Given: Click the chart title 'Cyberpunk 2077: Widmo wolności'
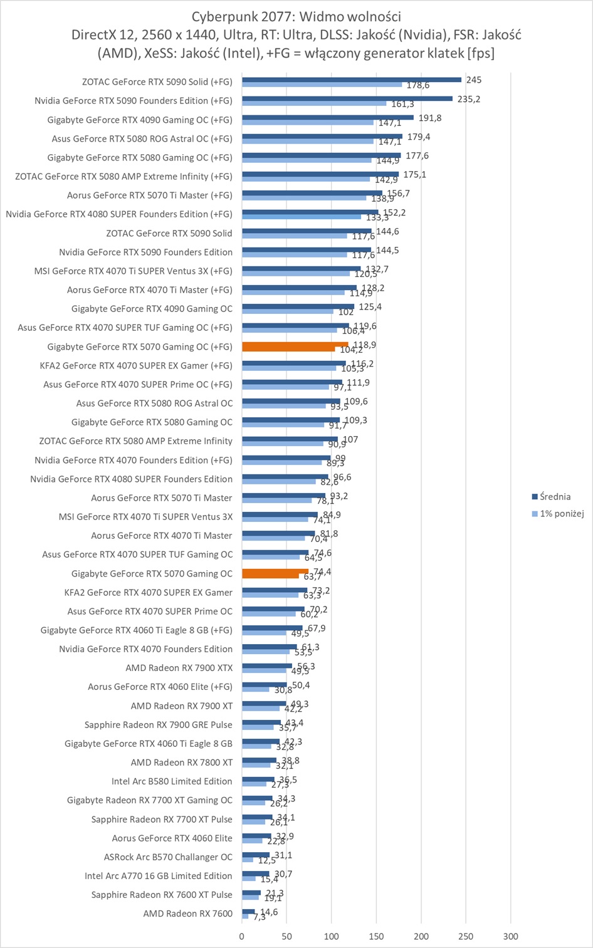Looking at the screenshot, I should click(x=296, y=16).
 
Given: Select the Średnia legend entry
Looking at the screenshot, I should click(x=555, y=497).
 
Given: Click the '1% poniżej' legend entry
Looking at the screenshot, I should click(x=562, y=514).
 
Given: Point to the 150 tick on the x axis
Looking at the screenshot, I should click(x=376, y=936).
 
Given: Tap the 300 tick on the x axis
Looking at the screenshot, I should click(x=510, y=936).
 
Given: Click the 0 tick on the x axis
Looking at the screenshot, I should click(x=242, y=936).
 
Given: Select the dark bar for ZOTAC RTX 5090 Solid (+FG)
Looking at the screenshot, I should click(x=352, y=80).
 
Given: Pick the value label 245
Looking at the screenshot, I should click(x=474, y=80).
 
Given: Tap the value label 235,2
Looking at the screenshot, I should click(x=468, y=99).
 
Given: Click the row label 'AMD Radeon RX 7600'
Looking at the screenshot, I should click(x=187, y=914).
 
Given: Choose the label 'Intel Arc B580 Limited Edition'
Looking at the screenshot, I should click(x=172, y=781).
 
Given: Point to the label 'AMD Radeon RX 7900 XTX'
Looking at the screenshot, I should click(x=179, y=668).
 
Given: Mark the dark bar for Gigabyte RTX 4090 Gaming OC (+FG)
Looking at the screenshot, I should click(x=328, y=117).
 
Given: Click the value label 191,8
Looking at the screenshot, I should click(x=430, y=118).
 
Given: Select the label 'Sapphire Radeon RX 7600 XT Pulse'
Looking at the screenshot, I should click(x=162, y=895).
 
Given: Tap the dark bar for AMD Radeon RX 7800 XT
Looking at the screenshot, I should click(x=259, y=760).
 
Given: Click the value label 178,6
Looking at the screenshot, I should click(x=418, y=85).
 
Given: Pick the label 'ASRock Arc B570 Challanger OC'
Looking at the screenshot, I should click(x=168, y=857).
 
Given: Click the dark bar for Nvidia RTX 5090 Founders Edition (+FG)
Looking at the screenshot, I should click(x=347, y=98).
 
